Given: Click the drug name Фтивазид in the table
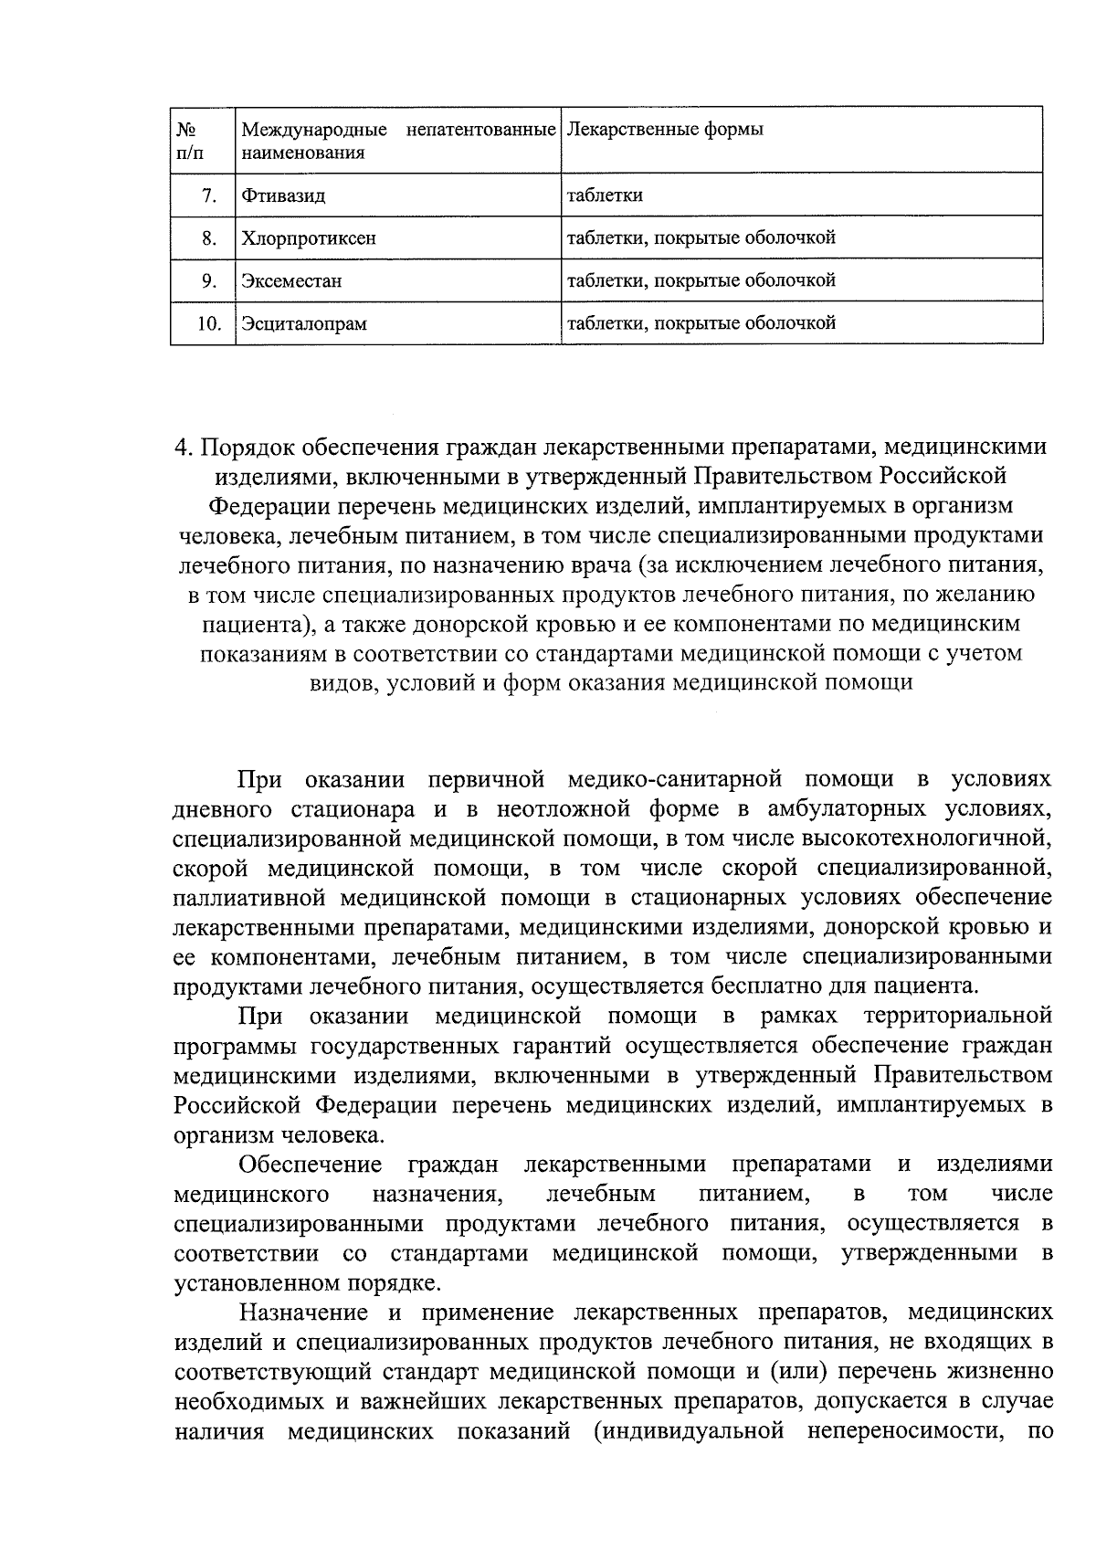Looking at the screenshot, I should coord(282,195).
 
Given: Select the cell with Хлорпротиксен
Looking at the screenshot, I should coord(308,238).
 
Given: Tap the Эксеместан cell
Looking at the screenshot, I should coord(291,280).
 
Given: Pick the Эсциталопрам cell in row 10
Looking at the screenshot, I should coord(304,323).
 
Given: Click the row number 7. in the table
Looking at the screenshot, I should coord(209,195).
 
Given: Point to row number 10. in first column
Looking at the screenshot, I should coord(209,323).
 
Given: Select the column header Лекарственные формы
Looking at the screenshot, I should coord(665,130).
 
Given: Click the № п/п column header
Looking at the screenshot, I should coord(189,141).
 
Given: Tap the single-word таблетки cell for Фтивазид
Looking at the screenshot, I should coord(605,195).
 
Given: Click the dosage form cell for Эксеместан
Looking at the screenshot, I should coord(701,279).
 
